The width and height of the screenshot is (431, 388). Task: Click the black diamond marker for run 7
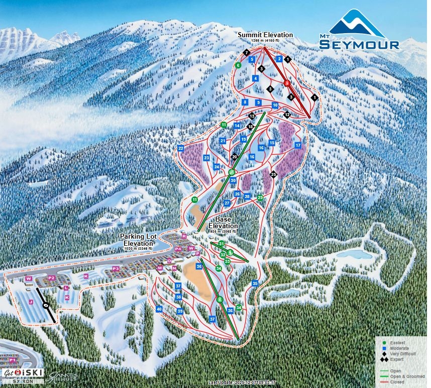246,52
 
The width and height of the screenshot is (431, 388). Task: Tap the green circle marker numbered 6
238,65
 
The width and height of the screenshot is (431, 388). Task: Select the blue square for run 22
181,148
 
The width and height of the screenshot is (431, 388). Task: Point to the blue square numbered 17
298,145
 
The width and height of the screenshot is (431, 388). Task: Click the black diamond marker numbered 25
274,174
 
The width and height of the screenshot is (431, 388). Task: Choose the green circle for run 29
260,198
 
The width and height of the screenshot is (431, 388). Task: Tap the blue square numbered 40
159,309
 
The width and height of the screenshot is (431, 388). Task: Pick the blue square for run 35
255,283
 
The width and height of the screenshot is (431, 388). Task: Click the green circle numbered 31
221,244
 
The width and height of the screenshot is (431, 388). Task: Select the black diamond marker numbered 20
234,157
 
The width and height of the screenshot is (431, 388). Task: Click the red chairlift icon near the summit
287,82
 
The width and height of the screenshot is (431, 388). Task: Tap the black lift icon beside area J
46,305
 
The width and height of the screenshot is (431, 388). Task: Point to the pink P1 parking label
12,360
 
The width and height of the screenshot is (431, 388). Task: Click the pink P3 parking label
116,269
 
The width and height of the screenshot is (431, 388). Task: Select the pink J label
31,302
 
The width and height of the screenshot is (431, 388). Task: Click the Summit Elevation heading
265,35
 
